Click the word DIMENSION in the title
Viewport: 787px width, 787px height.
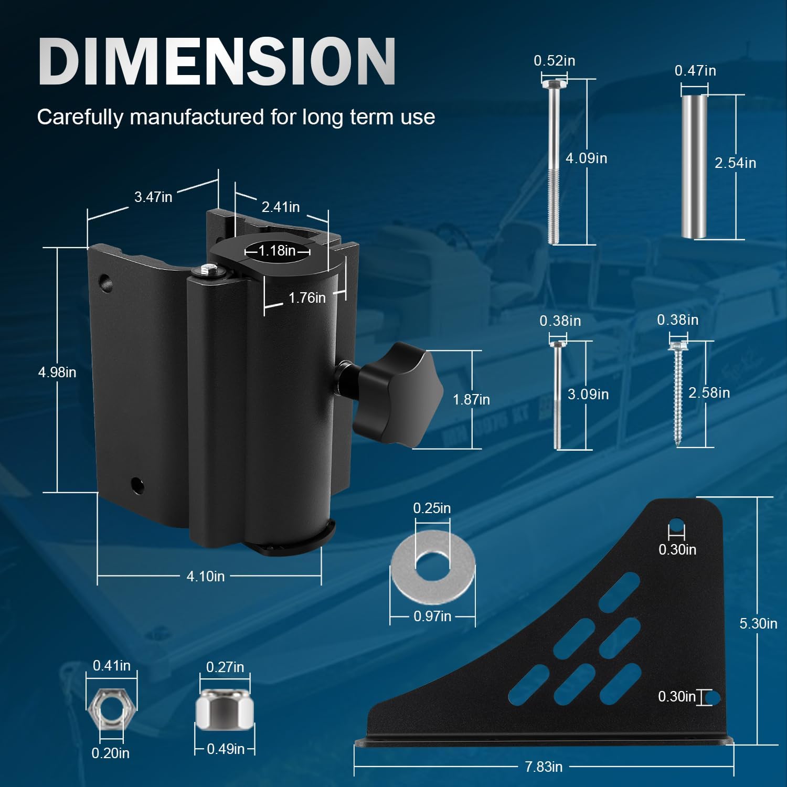(217, 61)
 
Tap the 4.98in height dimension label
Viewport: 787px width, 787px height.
(57, 372)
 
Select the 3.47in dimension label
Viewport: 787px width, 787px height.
(153, 197)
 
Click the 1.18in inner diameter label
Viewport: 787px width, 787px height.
(277, 250)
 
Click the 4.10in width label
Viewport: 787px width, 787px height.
(206, 576)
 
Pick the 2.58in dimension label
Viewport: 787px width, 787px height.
(709, 392)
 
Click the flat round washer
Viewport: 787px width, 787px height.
(432, 562)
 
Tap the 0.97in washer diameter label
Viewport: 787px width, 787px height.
(432, 616)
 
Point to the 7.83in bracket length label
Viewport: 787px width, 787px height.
(544, 767)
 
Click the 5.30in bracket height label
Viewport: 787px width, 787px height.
(758, 623)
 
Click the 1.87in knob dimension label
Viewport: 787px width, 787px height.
(471, 399)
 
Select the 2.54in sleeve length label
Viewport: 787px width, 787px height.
(735, 163)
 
